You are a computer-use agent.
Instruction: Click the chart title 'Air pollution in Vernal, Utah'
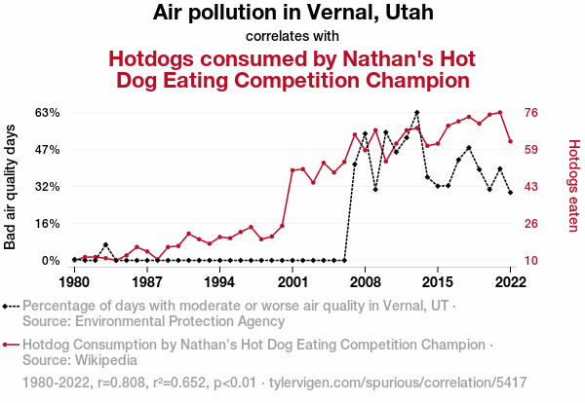click(292, 14)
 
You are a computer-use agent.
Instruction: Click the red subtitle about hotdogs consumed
click(292, 68)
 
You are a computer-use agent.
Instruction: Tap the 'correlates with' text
click(292, 37)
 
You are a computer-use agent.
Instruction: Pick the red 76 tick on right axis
click(532, 113)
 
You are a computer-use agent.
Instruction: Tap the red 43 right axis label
click(532, 187)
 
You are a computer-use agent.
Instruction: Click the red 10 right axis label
click(532, 261)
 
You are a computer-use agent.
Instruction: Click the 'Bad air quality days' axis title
click(11, 187)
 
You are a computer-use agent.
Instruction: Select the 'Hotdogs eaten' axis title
click(573, 187)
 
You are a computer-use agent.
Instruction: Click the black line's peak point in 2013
click(417, 113)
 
